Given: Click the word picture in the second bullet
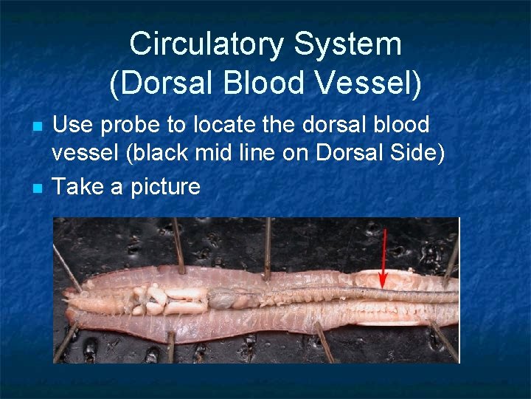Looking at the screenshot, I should tap(166, 187).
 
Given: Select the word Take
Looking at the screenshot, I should tap(78, 186).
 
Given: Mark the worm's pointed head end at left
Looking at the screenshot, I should tap(66, 299).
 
